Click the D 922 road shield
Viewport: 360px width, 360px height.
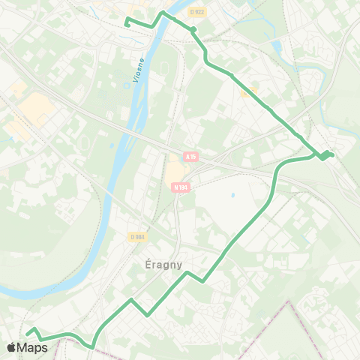pyautogui.click(x=197, y=12)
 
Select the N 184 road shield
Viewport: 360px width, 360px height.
pyautogui.click(x=180, y=187)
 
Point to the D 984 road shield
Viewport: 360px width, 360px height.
pyautogui.click(x=137, y=237)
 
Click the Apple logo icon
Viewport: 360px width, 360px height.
pyautogui.click(x=12, y=347)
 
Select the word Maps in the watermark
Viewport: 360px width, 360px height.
pyautogui.click(x=34, y=347)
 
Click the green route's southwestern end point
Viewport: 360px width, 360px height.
pyautogui.click(x=27, y=333)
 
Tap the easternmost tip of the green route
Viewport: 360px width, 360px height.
pyautogui.click(x=332, y=154)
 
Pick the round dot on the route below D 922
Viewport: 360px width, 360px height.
pyautogui.click(x=193, y=30)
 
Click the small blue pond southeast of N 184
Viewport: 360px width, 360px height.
pyautogui.click(x=232, y=196)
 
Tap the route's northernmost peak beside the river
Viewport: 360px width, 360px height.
pyautogui.click(x=163, y=13)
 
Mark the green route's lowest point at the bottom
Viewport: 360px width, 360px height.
pyautogui.click(x=91, y=347)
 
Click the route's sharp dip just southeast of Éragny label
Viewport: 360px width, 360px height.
pyautogui.click(x=202, y=282)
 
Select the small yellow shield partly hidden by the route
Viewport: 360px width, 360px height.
pyautogui.click(x=249, y=90)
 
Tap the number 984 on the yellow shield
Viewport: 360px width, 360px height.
pyautogui.click(x=139, y=237)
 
